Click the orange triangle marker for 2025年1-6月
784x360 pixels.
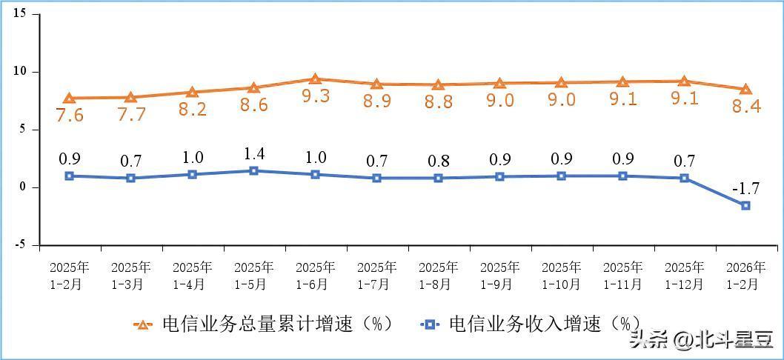(x=315, y=79)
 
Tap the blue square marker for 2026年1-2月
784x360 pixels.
(x=745, y=205)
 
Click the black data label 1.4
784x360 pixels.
(x=253, y=154)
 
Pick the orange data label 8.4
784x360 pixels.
(x=746, y=106)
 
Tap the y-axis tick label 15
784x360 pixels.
(x=20, y=14)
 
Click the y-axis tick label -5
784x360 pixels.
(x=21, y=244)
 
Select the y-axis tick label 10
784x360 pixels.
(x=20, y=72)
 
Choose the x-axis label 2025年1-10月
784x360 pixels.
(x=561, y=275)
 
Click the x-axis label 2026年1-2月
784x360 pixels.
(x=745, y=275)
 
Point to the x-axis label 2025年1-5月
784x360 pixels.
(x=253, y=275)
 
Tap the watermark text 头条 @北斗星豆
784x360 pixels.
(x=700, y=340)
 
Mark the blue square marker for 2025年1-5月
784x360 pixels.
(x=253, y=170)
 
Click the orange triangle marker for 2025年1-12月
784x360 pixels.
(x=684, y=81)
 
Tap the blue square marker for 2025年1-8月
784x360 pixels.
(x=438, y=178)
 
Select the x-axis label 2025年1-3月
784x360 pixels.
(x=130, y=275)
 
